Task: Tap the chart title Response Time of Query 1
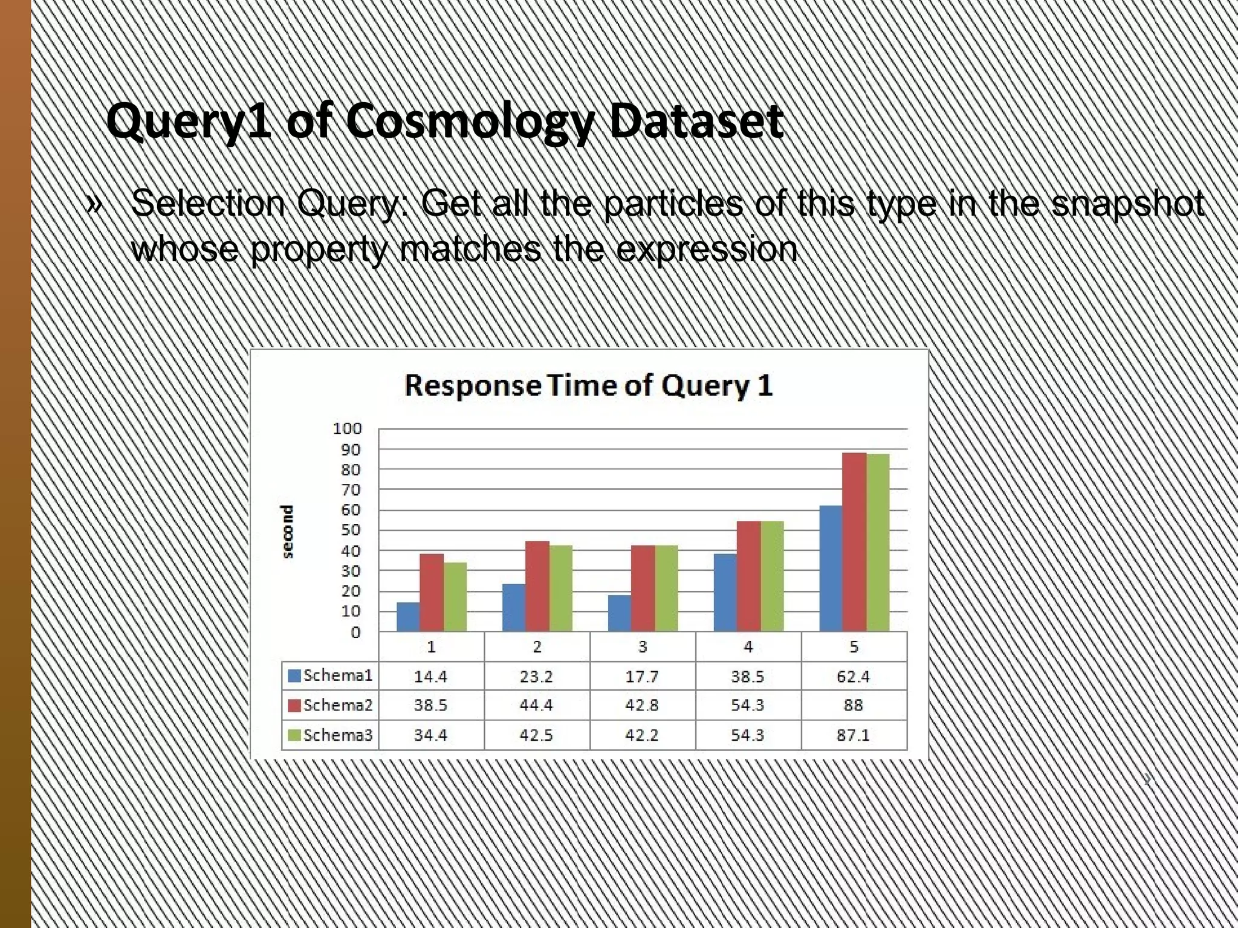[x=588, y=385]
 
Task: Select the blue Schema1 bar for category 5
[x=831, y=568]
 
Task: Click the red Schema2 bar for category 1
[x=432, y=592]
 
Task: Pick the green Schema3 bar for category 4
[x=771, y=576]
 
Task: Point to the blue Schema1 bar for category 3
[x=619, y=613]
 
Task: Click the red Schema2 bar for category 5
[x=854, y=542]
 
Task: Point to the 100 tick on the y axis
[x=347, y=428]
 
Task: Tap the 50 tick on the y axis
[x=350, y=530]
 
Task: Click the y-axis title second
[x=288, y=531]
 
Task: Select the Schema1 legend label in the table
[x=337, y=675]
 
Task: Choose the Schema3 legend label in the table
[x=337, y=735]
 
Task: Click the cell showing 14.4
[x=430, y=676]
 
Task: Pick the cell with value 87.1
[x=853, y=735]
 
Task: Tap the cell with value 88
[x=853, y=705]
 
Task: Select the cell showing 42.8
[x=642, y=705]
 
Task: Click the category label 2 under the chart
[x=537, y=647]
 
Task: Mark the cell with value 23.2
[x=536, y=676]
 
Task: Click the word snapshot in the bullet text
[x=1127, y=204]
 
